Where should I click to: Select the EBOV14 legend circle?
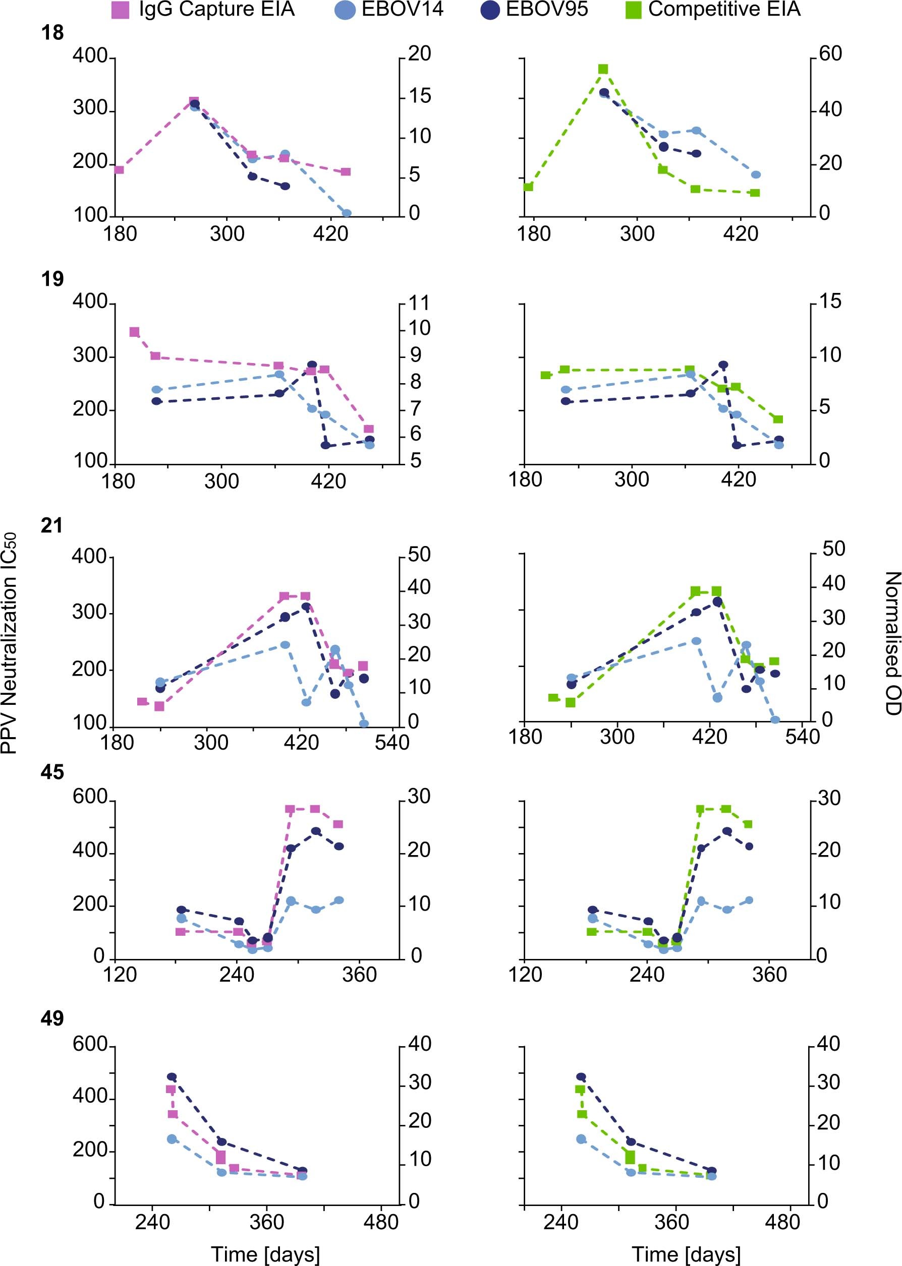(345, 11)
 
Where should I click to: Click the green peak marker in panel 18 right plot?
(603, 70)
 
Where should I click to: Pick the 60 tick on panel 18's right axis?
(830, 54)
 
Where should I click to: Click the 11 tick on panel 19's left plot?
(419, 303)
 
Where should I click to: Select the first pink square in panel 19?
(134, 332)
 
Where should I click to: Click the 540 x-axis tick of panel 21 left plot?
(391, 743)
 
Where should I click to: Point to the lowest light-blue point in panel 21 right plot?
(775, 720)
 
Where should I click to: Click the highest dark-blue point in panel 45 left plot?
(316, 831)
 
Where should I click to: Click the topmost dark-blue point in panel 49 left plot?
(172, 1077)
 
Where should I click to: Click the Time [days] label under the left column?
(265, 1254)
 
